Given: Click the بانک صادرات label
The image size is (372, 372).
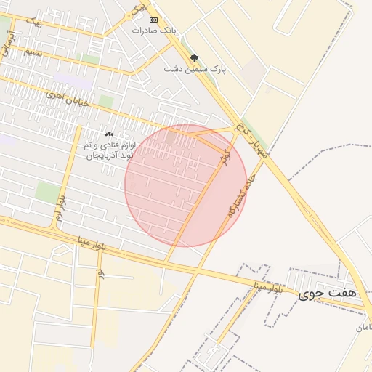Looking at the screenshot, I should click(x=155, y=31).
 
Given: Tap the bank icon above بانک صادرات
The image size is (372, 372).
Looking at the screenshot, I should click(x=153, y=20).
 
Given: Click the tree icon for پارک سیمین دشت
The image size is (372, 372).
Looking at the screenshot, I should click(x=194, y=58).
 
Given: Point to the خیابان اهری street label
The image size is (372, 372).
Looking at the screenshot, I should click(x=68, y=99).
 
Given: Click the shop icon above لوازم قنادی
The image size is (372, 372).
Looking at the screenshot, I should click(x=109, y=134).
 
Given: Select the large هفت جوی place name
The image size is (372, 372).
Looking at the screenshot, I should click(x=328, y=294).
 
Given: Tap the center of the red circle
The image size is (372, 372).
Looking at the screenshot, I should click(x=185, y=185).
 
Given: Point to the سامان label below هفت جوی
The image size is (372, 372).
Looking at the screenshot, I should click(x=363, y=328).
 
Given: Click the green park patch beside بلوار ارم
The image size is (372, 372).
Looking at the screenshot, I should click(x=47, y=192).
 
